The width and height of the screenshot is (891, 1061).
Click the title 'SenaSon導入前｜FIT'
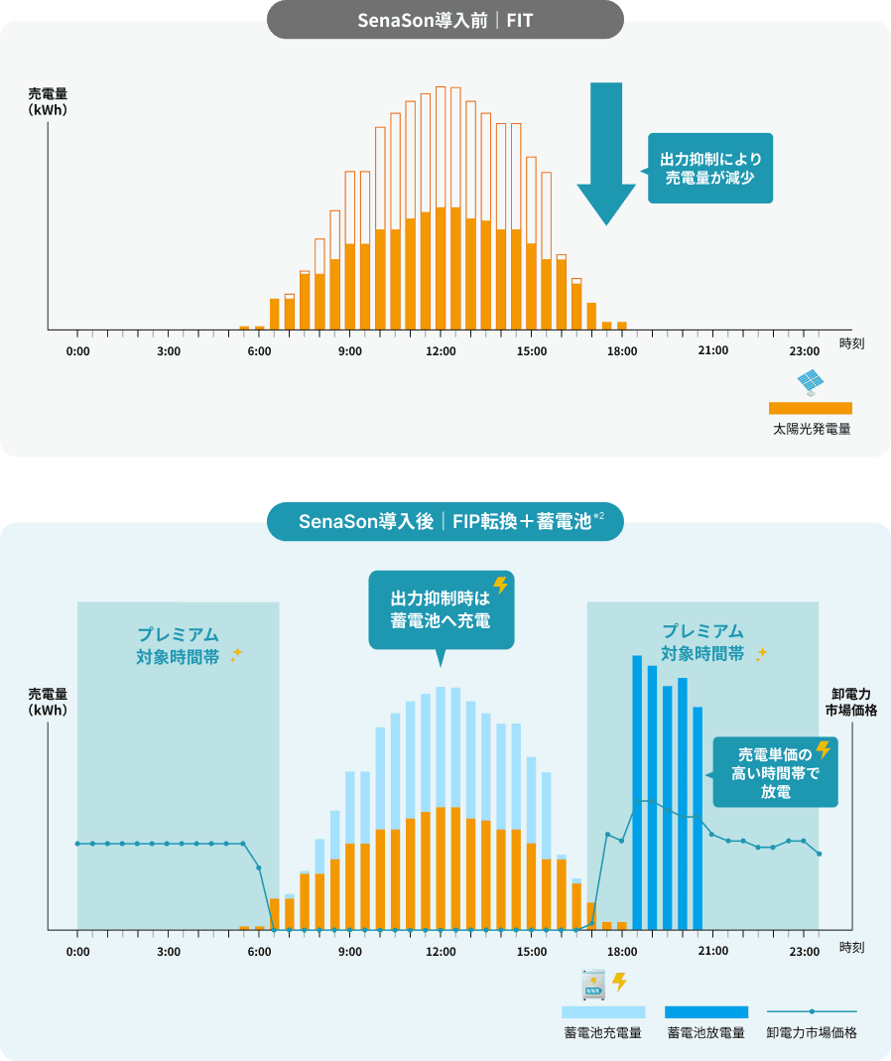(445, 19)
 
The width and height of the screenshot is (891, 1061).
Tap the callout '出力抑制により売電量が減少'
(710, 168)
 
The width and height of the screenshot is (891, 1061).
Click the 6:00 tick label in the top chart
(259, 352)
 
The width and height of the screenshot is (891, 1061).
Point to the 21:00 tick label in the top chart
(712, 352)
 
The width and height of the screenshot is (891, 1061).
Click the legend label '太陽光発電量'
(812, 430)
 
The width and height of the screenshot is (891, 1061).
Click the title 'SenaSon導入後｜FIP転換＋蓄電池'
(445, 521)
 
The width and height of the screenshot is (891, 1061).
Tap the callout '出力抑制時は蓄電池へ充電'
(441, 609)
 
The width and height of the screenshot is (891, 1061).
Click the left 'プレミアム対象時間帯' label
(179, 643)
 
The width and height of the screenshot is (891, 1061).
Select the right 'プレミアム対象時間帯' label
(703, 643)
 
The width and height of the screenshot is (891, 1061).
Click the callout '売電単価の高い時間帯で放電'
(775, 773)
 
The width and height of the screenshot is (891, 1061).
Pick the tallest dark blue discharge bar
(637, 789)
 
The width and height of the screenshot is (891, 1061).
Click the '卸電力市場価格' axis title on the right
(850, 702)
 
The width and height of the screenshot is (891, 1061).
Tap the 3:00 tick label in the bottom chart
(168, 951)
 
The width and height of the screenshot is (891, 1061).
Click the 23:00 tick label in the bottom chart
(804, 951)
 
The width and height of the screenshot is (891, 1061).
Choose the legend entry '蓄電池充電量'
(603, 1032)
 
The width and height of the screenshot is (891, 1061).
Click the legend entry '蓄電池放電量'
(705, 1032)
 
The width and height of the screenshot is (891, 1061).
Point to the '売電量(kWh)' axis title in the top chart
(48, 102)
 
